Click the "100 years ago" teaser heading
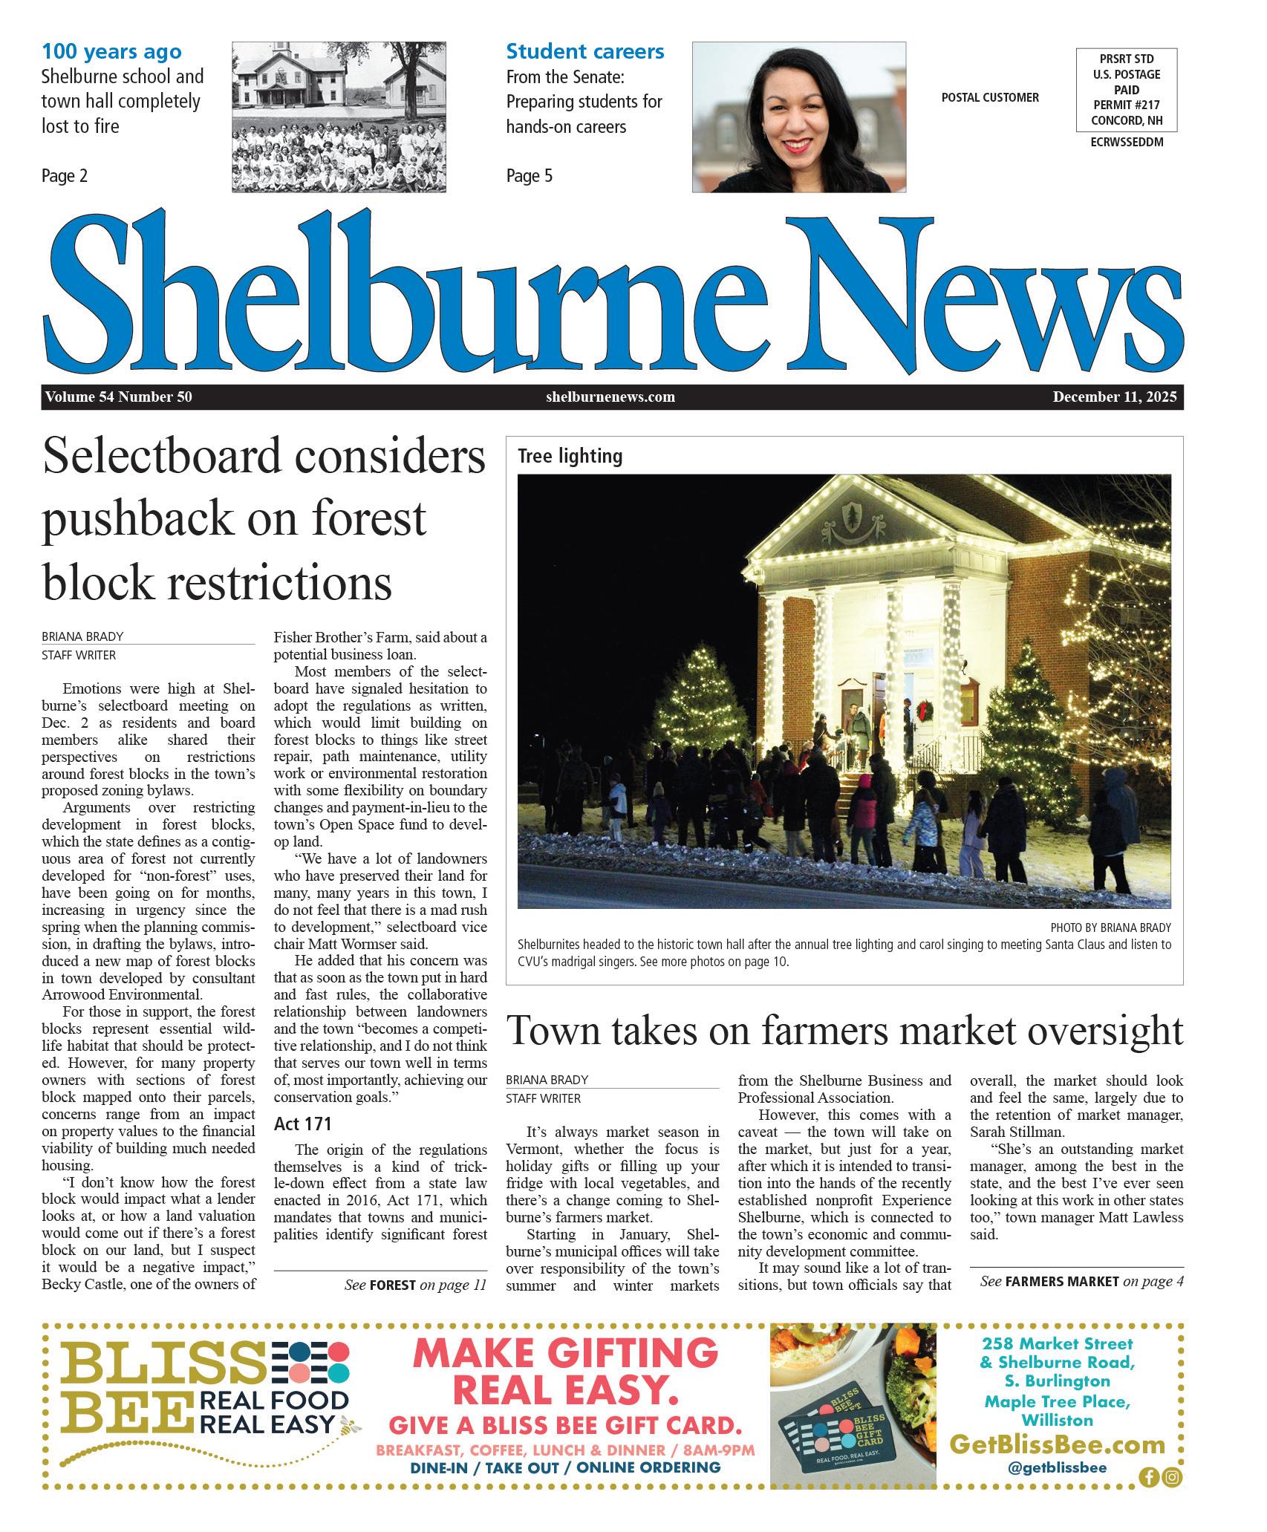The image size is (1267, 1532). [111, 52]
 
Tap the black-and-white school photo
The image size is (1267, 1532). [339, 117]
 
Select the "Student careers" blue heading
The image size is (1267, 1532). [584, 52]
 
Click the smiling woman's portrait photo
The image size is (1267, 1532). [798, 117]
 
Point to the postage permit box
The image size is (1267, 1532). [1126, 90]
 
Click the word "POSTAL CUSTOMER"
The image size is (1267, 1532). [989, 97]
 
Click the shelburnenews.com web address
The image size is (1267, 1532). [610, 397]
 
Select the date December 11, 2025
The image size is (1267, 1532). [1114, 397]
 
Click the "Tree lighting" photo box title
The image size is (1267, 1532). [570, 457]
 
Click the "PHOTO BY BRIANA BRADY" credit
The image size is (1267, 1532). [1110, 928]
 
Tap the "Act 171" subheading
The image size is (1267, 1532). [302, 1124]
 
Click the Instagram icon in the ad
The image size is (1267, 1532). [1172, 1477]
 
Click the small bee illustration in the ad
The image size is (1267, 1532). [350, 1425]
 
